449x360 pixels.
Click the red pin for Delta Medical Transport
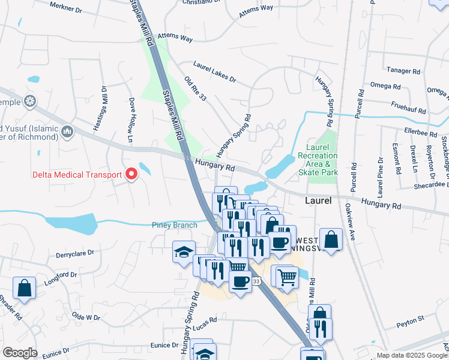[x=131, y=175]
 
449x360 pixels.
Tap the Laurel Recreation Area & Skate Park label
[x=318, y=159]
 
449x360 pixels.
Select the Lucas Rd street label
[x=205, y=323]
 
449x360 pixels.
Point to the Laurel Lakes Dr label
[x=215, y=71]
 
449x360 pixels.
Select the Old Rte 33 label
[x=196, y=88]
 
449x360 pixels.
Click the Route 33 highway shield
[x=256, y=281]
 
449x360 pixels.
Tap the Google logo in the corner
[x=20, y=353]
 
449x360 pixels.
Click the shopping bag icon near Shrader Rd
[x=24, y=287]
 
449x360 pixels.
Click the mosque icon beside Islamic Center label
[x=67, y=131]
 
